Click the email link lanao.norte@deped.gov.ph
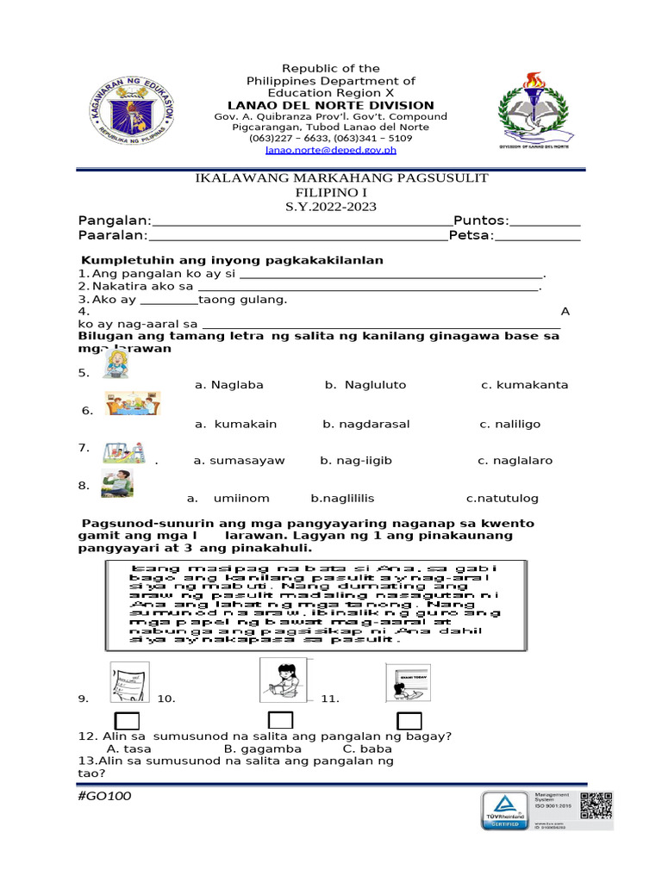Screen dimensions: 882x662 coord(331,150)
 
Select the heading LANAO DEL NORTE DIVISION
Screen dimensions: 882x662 coord(330,105)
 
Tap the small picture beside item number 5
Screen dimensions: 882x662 coord(116,365)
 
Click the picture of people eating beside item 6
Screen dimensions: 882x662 coord(132,405)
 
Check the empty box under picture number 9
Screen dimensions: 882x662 coord(128,721)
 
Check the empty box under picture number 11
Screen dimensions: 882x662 coord(409,721)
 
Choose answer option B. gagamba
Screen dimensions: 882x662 coord(255,748)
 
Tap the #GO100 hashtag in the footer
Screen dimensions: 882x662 coord(104,796)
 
